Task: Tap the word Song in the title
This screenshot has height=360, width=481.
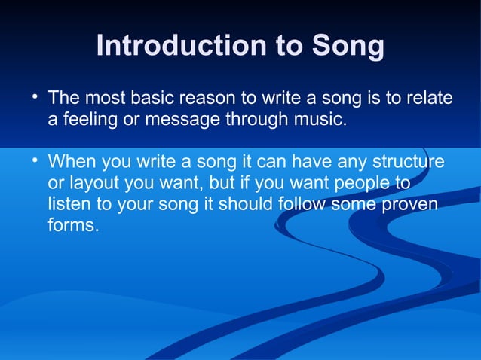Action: pyautogui.click(x=348, y=47)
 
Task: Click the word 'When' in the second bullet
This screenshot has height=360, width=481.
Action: pyautogui.click(x=69, y=163)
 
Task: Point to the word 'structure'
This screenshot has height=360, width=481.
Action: pyautogui.click(x=409, y=163)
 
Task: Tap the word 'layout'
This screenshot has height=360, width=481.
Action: pyautogui.click(x=93, y=184)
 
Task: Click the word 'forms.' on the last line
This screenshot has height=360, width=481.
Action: pyautogui.click(x=73, y=226)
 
